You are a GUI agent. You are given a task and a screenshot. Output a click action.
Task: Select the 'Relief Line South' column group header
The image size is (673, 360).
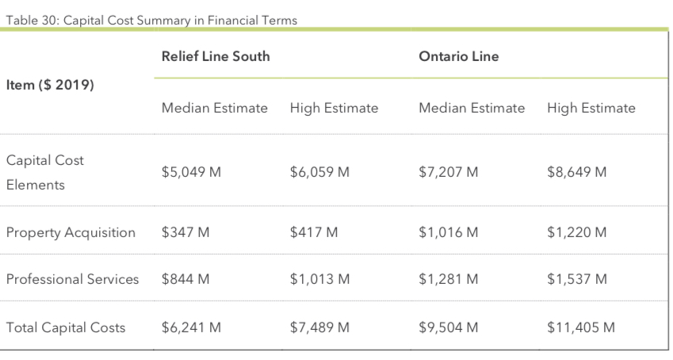[x=216, y=56]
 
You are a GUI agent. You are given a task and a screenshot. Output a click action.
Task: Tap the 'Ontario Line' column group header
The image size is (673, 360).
[x=458, y=56]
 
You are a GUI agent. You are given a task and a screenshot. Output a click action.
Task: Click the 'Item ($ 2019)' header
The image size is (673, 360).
[x=50, y=85]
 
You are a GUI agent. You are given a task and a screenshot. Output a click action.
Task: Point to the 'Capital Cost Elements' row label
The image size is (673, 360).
[x=45, y=172]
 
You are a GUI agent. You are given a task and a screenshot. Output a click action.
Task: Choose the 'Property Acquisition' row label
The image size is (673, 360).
[x=71, y=232]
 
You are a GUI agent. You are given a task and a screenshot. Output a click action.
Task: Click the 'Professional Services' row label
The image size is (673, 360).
[x=73, y=279]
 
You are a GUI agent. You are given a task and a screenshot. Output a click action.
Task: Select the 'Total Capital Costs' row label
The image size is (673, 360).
[x=66, y=327]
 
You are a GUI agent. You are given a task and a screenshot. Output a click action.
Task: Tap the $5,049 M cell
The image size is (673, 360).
[x=191, y=172]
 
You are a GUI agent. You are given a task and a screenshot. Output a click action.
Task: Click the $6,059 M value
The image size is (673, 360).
[x=319, y=172]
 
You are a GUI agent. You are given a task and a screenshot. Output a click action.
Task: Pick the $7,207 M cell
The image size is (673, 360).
[x=448, y=172]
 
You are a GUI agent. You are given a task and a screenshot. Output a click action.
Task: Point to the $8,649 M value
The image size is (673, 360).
[x=577, y=172]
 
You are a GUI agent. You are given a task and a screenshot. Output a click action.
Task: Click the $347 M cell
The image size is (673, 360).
[x=185, y=232]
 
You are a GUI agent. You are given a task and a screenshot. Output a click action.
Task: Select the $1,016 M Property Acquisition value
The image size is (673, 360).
[x=448, y=232]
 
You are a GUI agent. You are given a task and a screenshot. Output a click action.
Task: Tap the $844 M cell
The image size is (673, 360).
[x=185, y=279]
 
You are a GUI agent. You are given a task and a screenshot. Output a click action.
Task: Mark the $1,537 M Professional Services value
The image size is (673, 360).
[x=577, y=279]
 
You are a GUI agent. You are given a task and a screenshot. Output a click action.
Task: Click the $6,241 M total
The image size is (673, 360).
[x=191, y=327]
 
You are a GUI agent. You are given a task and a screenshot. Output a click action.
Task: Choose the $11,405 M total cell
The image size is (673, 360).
[x=581, y=327]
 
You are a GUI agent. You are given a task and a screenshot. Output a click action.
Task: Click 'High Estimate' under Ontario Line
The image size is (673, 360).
[x=591, y=108]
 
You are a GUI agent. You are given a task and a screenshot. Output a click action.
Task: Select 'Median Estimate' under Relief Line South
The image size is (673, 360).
[x=214, y=108]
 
